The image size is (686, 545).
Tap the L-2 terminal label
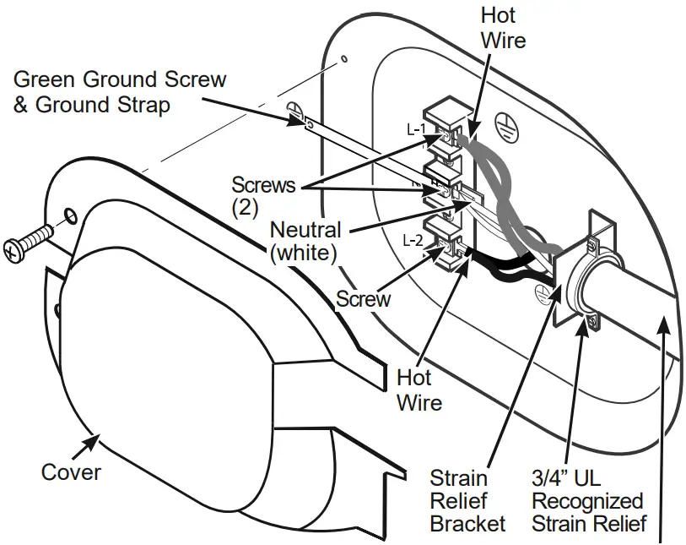(x=413, y=240)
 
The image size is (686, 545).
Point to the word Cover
(x=71, y=471)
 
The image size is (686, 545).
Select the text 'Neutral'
(x=305, y=229)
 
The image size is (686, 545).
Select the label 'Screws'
(x=264, y=184)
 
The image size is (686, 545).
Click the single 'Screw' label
(x=364, y=298)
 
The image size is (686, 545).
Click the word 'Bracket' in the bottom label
(x=467, y=523)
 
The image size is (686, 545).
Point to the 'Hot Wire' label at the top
(x=502, y=27)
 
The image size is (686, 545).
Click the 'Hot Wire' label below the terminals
(x=419, y=390)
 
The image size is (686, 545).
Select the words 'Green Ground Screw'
(x=121, y=80)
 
